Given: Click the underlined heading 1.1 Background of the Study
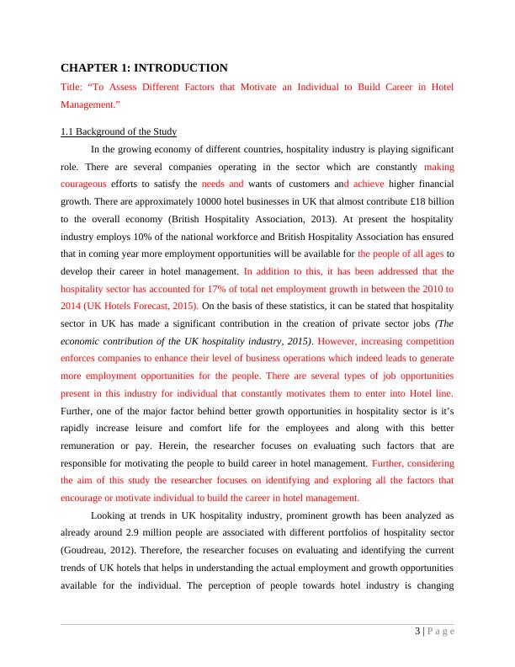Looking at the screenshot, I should (119, 132).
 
